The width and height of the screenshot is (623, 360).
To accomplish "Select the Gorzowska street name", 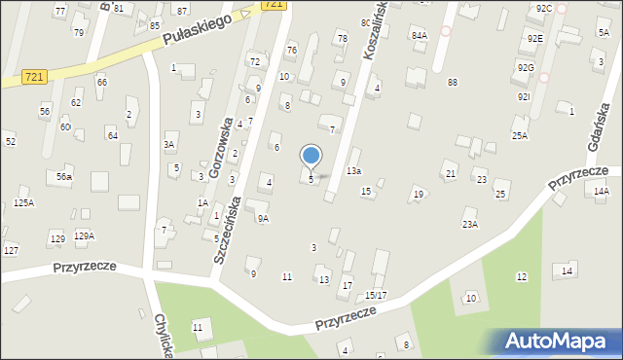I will click(x=220, y=148).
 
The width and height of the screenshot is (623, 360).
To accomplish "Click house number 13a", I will click(x=354, y=171).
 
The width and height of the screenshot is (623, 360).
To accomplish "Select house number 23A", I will click(x=470, y=224).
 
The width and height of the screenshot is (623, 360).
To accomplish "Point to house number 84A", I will click(x=419, y=35).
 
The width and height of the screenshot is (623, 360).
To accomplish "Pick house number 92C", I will click(x=543, y=8).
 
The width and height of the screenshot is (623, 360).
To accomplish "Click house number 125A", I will click(x=23, y=202).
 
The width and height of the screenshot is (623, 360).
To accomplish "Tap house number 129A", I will click(x=84, y=235).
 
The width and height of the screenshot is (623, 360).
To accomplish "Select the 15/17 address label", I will click(x=376, y=295).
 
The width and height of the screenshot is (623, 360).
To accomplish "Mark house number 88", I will click(x=453, y=82).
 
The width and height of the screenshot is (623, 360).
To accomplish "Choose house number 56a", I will click(x=63, y=177).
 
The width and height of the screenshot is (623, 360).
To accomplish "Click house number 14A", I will click(x=601, y=191).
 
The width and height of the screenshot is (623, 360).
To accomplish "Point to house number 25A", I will click(x=520, y=135).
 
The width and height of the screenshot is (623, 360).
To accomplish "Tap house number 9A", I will click(x=263, y=219).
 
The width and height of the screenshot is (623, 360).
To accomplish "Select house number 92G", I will click(x=526, y=68).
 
